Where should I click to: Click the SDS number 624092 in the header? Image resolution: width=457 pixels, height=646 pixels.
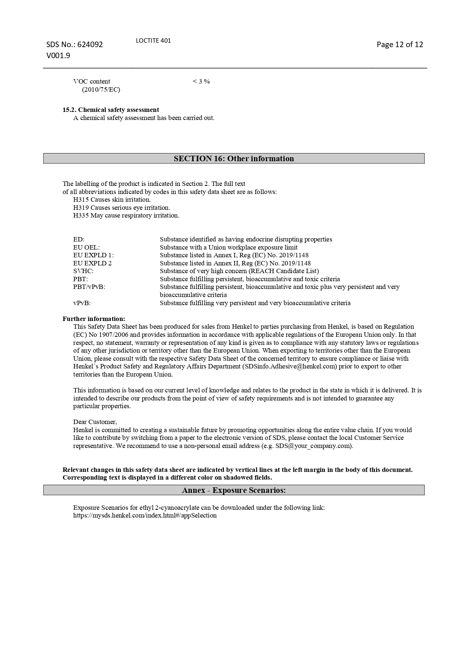coord(90,45)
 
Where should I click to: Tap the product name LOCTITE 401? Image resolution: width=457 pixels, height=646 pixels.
coord(153,40)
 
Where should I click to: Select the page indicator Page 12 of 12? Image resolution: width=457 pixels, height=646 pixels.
coord(400,45)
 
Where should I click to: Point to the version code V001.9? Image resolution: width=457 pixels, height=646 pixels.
coord(58,56)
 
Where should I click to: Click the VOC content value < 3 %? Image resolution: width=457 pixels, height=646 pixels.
coord(201,81)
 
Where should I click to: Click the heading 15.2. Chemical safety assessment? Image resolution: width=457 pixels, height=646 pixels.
coord(111,110)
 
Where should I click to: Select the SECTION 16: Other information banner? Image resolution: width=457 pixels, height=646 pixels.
coord(234,158)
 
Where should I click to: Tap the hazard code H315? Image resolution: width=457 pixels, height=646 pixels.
coord(81,200)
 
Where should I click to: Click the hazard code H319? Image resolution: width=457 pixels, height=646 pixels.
coord(81,208)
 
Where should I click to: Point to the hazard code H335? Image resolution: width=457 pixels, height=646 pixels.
coord(81,215)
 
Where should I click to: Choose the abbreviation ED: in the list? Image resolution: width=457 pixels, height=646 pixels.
coord(79,239)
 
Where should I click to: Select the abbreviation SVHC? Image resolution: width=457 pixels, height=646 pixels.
coord(83,271)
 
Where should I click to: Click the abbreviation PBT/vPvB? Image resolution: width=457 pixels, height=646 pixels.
coord(89,287)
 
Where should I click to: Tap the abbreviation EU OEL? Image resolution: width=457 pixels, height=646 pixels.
coord(86,247)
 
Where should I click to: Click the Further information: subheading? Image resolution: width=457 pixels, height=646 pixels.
coord(94,319)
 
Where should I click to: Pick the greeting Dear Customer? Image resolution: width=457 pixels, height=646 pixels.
coord(95,422)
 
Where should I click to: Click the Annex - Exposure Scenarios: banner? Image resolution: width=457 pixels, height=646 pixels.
coord(234,490)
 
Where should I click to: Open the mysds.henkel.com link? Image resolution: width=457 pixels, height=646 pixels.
coord(145,515)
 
